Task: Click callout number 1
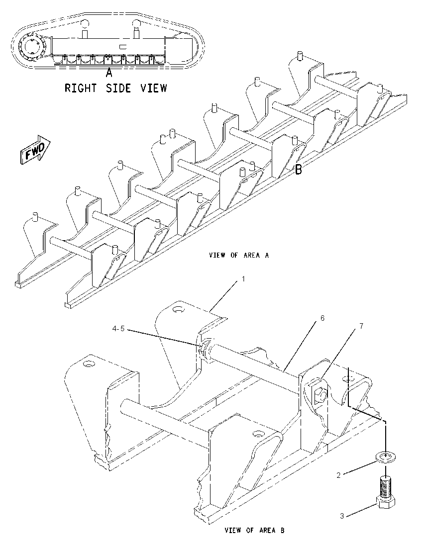(x=243, y=279)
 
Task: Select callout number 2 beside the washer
(x=338, y=475)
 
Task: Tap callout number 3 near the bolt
(x=342, y=516)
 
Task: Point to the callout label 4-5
(x=118, y=329)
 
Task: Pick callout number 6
(x=322, y=318)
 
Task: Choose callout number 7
(x=361, y=326)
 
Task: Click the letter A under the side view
(x=109, y=73)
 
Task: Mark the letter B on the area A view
(x=299, y=170)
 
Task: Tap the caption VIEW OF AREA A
(x=239, y=255)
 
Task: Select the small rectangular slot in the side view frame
(x=124, y=47)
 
